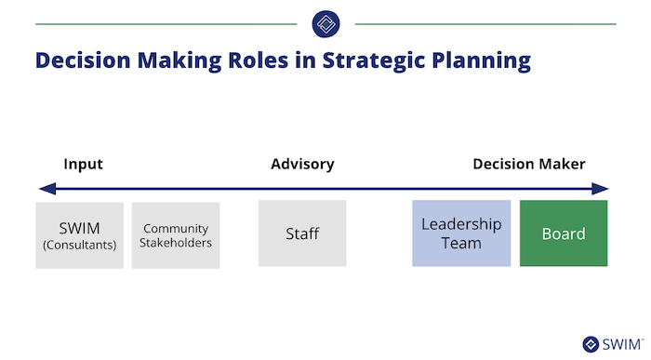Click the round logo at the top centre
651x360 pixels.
[325, 24]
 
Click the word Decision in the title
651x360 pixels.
[83, 60]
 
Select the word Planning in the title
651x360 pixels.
[481, 61]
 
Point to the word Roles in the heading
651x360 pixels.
[259, 60]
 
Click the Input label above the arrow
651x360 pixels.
[83, 165]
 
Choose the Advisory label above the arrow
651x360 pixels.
[302, 165]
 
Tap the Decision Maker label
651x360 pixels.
[529, 164]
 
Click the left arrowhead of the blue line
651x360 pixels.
[47, 189]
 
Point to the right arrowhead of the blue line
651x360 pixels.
[600, 189]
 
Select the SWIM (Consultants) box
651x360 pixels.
[79, 235]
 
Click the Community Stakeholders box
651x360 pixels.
[176, 235]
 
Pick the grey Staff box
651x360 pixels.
[302, 233]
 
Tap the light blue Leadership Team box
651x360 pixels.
[461, 233]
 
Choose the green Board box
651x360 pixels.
[564, 233]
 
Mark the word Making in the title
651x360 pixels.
[179, 61]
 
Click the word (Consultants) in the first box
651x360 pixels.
[79, 245]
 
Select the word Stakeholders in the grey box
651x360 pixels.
[176, 243]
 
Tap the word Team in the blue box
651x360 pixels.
[461, 243]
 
